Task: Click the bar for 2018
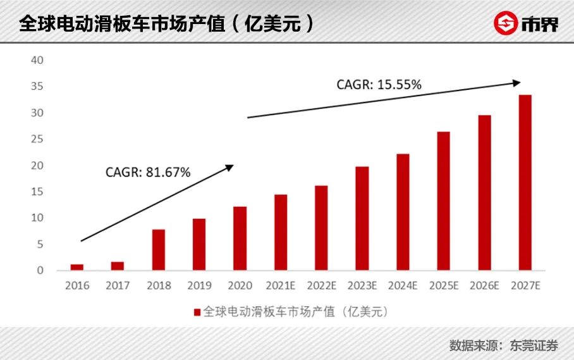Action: pyautogui.click(x=158, y=250)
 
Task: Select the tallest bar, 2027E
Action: pyautogui.click(x=525, y=183)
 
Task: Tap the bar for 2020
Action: pyautogui.click(x=240, y=239)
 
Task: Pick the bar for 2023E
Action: pyautogui.click(x=362, y=218)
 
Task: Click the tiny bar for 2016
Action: pyautogui.click(x=76, y=267)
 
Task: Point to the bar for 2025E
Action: pyautogui.click(x=443, y=201)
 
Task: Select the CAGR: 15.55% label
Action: pyautogui.click(x=379, y=84)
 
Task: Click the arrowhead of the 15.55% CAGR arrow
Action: pyautogui.click(x=516, y=82)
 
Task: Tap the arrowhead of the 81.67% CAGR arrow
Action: pyautogui.click(x=230, y=167)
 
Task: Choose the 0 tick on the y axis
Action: pyautogui.click(x=40, y=270)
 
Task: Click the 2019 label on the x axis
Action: pyautogui.click(x=199, y=285)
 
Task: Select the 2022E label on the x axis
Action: pyautogui.click(x=321, y=285)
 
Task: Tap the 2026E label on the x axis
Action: pyautogui.click(x=484, y=285)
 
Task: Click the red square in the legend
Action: pyautogui.click(x=197, y=311)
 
